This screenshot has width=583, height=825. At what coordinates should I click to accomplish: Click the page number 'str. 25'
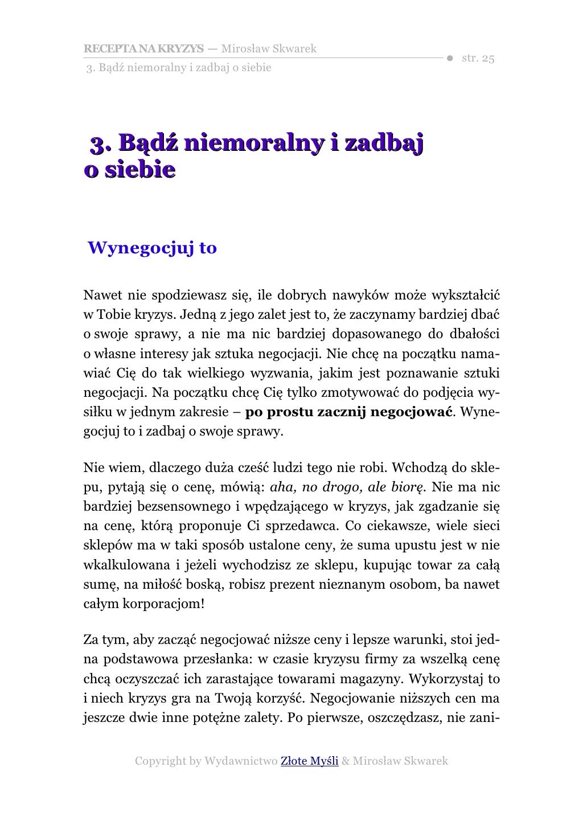point(478,59)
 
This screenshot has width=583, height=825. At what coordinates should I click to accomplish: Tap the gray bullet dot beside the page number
point(449,59)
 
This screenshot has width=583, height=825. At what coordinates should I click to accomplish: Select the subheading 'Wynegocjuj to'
point(152,248)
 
